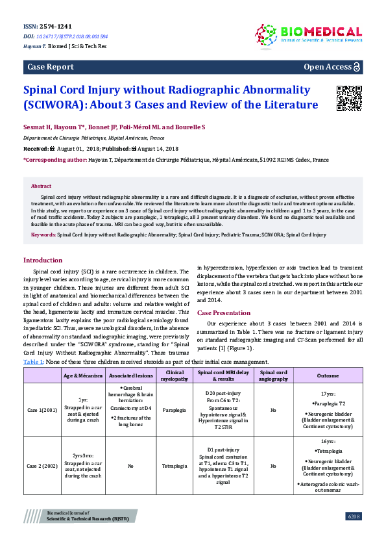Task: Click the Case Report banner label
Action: [50, 67]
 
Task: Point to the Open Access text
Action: [328, 67]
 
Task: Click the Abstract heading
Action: [41, 186]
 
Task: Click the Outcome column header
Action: [327, 375]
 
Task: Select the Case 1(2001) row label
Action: [41, 411]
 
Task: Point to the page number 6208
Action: [354, 534]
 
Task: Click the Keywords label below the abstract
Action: [43, 234]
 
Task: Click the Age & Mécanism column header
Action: [83, 375]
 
